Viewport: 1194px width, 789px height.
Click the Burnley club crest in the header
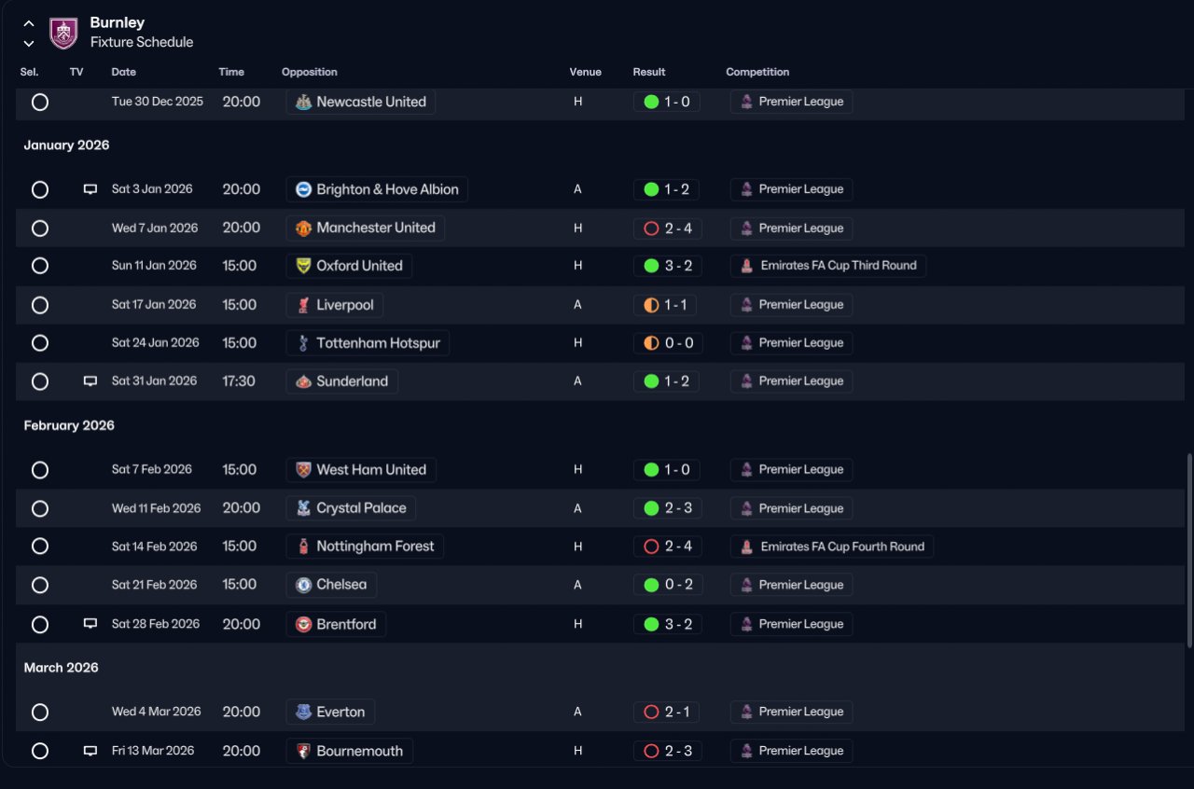click(63, 33)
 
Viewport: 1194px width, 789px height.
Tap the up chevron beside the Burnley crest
click(29, 23)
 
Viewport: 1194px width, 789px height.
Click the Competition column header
click(757, 72)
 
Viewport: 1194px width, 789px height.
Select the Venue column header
click(585, 72)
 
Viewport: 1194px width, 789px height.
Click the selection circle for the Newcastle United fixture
click(40, 102)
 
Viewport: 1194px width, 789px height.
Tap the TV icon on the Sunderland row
click(90, 381)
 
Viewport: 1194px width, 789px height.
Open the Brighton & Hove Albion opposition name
click(387, 189)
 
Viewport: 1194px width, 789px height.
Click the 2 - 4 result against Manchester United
click(678, 228)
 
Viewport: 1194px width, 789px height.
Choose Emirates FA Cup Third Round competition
click(839, 266)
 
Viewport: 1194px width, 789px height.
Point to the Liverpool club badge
click(303, 305)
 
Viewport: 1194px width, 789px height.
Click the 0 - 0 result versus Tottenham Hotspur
click(679, 343)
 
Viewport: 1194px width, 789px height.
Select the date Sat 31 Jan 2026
click(154, 381)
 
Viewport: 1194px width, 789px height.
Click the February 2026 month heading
click(69, 425)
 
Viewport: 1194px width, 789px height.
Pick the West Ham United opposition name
click(371, 470)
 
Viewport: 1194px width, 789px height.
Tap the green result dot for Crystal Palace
click(651, 508)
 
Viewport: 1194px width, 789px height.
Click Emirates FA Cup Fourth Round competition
click(842, 547)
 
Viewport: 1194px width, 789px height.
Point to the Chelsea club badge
click(303, 585)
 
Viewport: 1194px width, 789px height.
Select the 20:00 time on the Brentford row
click(242, 624)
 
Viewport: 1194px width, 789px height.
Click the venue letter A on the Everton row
click(577, 712)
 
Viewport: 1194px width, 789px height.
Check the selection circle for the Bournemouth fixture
click(40, 751)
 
